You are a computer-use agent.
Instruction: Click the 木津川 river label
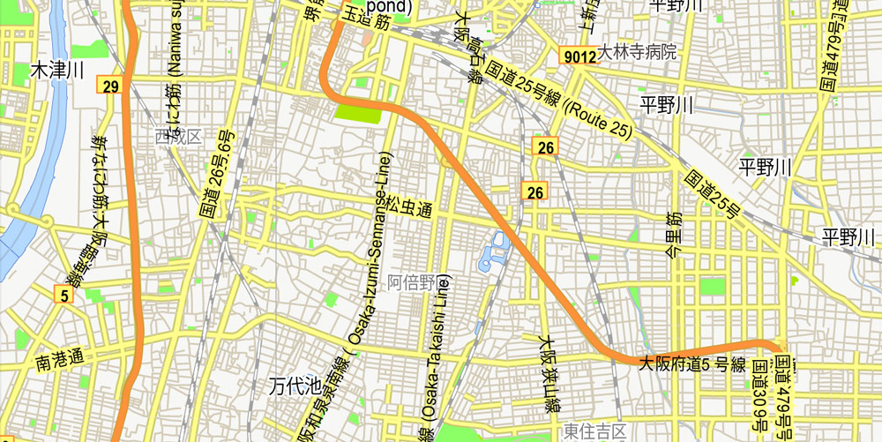56,70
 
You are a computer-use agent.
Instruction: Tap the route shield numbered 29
110,86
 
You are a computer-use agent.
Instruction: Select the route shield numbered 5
64,296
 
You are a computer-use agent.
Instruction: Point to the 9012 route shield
579,56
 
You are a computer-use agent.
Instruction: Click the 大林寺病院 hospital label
638,52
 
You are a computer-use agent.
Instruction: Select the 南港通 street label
60,360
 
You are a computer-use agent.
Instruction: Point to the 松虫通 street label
409,208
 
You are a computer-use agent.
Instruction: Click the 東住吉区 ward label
594,431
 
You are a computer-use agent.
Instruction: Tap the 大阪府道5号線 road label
692,363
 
